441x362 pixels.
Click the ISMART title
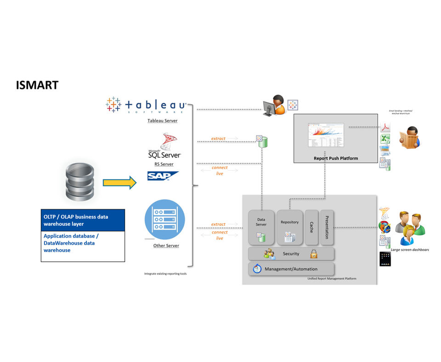pos(37,85)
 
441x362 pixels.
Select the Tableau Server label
pos(163,121)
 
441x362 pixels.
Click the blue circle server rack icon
pos(164,220)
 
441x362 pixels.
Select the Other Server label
pos(166,245)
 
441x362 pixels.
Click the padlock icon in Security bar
pos(314,254)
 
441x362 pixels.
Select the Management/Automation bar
pos(291,269)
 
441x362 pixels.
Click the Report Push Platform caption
pos(335,158)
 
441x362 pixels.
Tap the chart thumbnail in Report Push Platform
pos(326,135)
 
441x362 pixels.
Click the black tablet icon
pos(385,259)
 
